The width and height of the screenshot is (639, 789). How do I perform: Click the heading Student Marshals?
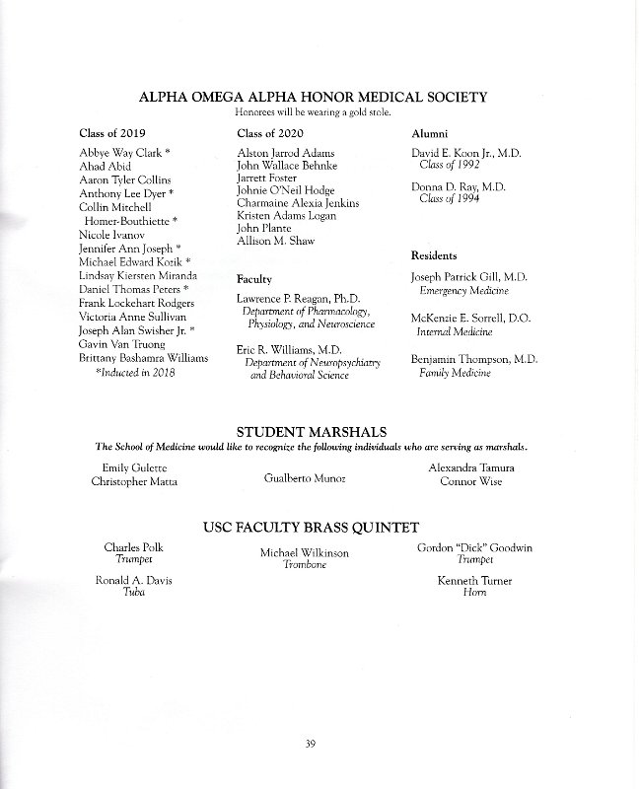coord(319,431)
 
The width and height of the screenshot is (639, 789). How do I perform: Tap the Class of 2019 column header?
coord(110,132)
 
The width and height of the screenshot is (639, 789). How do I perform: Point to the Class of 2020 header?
coord(269,132)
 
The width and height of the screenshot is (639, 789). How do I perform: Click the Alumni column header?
coord(429,132)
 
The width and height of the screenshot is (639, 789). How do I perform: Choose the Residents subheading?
coord(434,255)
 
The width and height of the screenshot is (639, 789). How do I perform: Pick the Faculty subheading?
coord(254,279)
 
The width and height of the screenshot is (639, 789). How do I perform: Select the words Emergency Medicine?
coord(463,292)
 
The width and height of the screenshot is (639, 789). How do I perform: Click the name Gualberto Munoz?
coord(305,477)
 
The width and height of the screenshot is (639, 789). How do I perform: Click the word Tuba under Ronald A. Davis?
coord(133,594)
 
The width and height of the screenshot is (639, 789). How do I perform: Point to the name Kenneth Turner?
coord(475,581)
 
